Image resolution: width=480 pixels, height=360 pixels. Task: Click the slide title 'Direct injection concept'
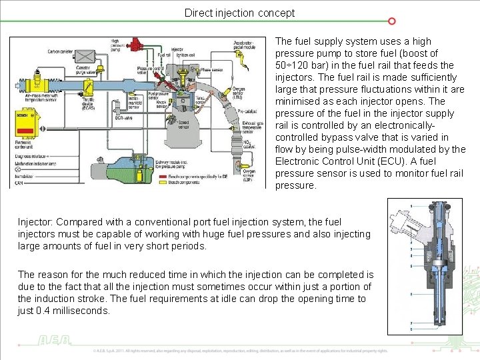(239, 13)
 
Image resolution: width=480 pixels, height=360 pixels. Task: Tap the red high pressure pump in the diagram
(137, 45)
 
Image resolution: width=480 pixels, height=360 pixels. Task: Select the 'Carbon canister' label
(62, 51)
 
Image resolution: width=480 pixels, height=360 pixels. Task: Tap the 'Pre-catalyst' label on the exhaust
(247, 112)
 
